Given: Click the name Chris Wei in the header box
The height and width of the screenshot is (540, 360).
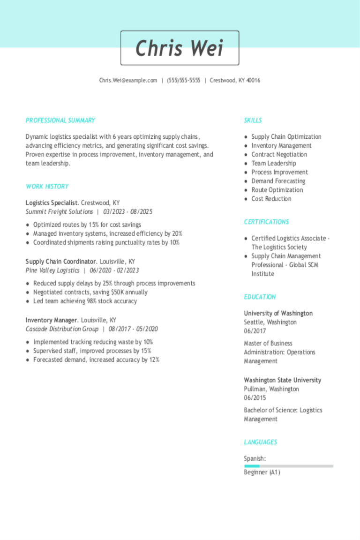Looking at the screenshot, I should tap(180, 48).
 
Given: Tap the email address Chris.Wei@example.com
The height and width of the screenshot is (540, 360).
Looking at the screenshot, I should tap(128, 81).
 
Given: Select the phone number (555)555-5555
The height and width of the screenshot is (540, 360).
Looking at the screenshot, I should tap(183, 81).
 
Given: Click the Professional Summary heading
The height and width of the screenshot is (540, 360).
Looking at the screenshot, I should tap(60, 120).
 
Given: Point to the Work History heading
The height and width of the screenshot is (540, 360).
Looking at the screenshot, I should tap(47, 187).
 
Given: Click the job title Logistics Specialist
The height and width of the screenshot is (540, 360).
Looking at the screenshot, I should tap(52, 203).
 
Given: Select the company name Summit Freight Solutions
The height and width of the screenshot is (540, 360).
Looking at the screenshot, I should tap(59, 212).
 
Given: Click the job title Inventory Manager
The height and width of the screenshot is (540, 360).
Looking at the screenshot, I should tap(51, 320).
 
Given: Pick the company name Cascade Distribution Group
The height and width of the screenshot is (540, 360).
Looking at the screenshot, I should tap(62, 329).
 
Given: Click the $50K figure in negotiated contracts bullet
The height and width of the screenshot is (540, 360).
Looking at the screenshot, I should tap(118, 292).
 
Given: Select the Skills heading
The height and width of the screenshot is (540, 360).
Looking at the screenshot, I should tap(253, 120).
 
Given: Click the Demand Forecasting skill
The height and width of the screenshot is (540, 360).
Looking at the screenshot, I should tap(278, 181).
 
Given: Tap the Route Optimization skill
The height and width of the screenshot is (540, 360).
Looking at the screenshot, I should tap(277, 190).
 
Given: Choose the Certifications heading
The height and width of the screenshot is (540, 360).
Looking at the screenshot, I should tap(266, 222).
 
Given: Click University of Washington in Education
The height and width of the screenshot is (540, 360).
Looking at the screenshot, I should tap(278, 314).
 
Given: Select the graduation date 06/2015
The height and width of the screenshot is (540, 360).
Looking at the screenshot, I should tap(255, 398).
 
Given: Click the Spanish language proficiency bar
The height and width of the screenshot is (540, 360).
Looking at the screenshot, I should tap(288, 466).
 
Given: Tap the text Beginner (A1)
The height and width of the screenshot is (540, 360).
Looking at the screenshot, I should tap(262, 472).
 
